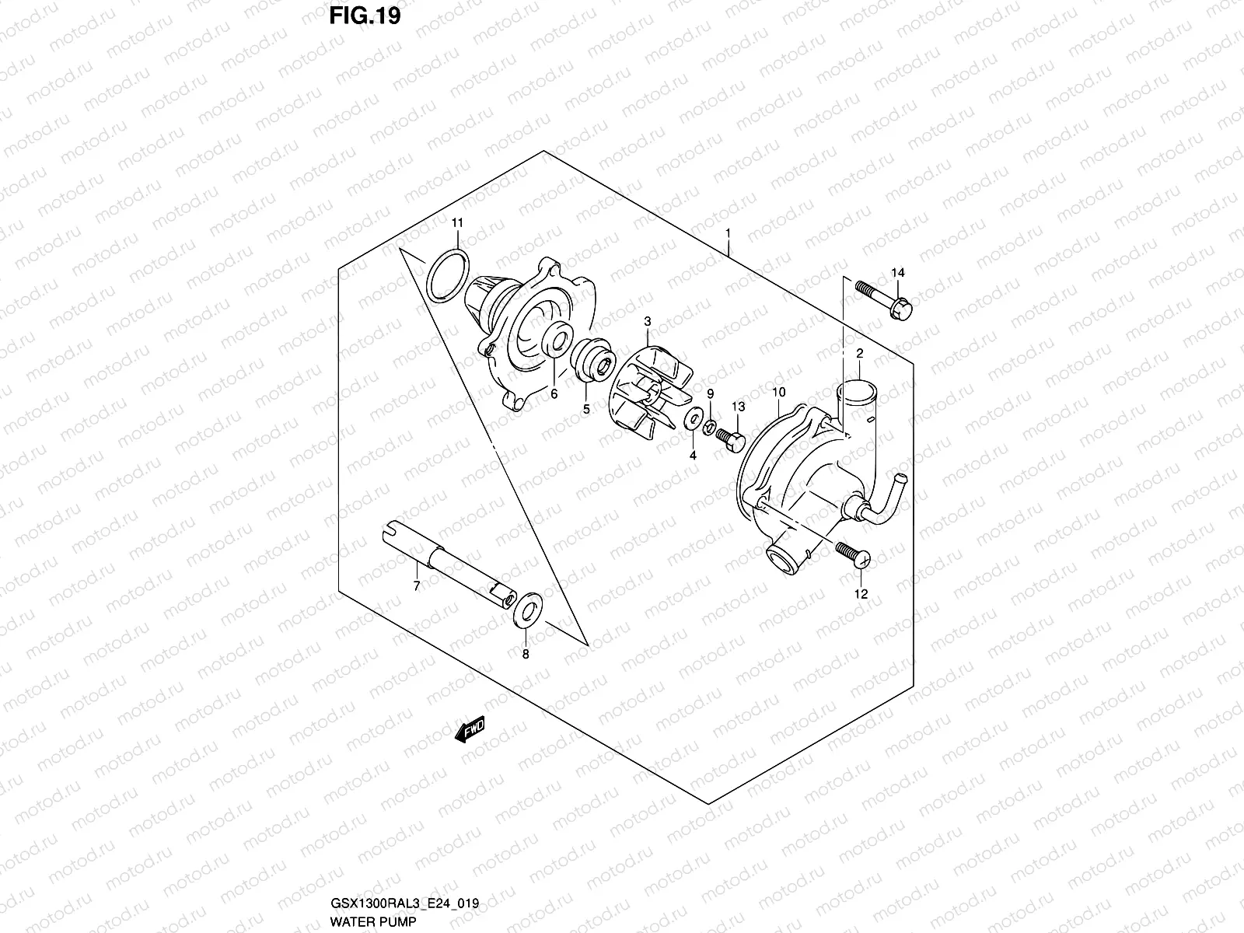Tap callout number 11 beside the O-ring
457,223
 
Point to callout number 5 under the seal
585,409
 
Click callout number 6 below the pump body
554,394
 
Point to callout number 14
898,272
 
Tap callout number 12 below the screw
861,594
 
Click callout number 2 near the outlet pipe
860,354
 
